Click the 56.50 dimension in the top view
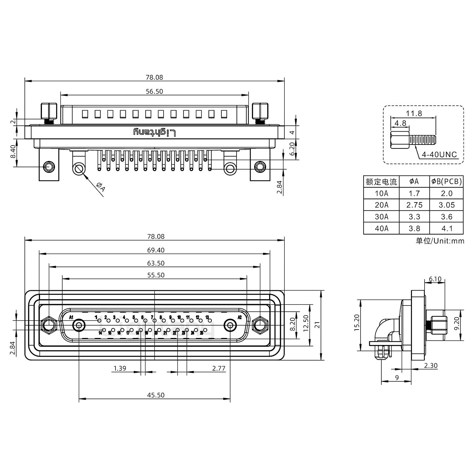154,91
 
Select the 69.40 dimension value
156,250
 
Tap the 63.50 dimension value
156,263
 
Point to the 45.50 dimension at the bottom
156,395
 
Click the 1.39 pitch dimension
120,368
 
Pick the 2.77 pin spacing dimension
219,368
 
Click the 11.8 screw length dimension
414,113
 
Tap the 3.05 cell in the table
447,205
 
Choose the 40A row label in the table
381,229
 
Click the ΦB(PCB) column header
447,181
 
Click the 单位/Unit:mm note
440,241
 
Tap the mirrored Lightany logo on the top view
154,133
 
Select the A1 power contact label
71,318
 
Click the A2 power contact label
240,318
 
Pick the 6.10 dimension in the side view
435,279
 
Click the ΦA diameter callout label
100,187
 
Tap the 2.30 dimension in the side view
430,365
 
